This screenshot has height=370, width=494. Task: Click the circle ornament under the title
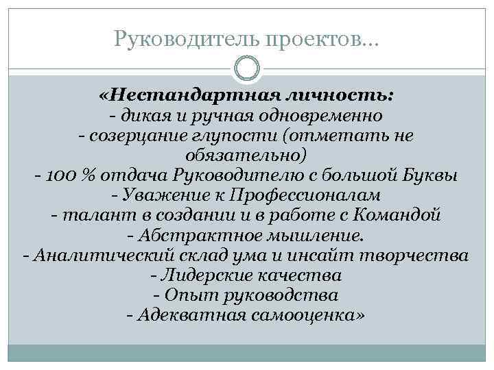pos(247,69)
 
